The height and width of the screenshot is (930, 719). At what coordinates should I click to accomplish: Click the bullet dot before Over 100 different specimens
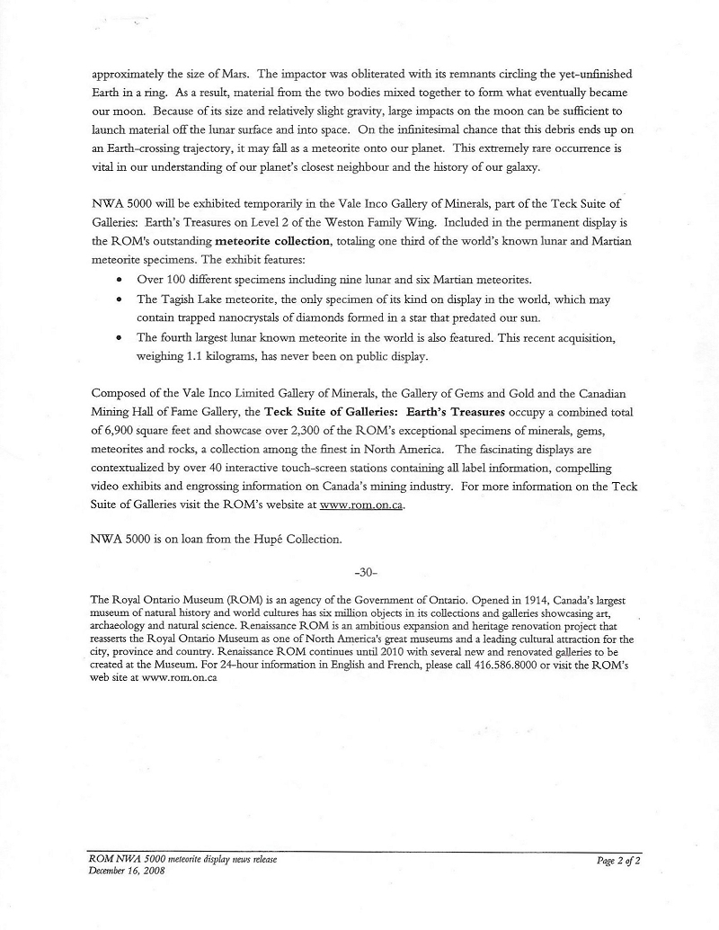pyautogui.click(x=120, y=280)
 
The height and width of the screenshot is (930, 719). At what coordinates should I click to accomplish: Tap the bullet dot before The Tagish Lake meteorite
pyautogui.click(x=120, y=300)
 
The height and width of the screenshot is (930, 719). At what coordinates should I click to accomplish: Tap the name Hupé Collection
pyautogui.click(x=277, y=541)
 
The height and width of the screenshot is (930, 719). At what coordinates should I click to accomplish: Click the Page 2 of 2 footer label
pyautogui.click(x=618, y=861)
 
